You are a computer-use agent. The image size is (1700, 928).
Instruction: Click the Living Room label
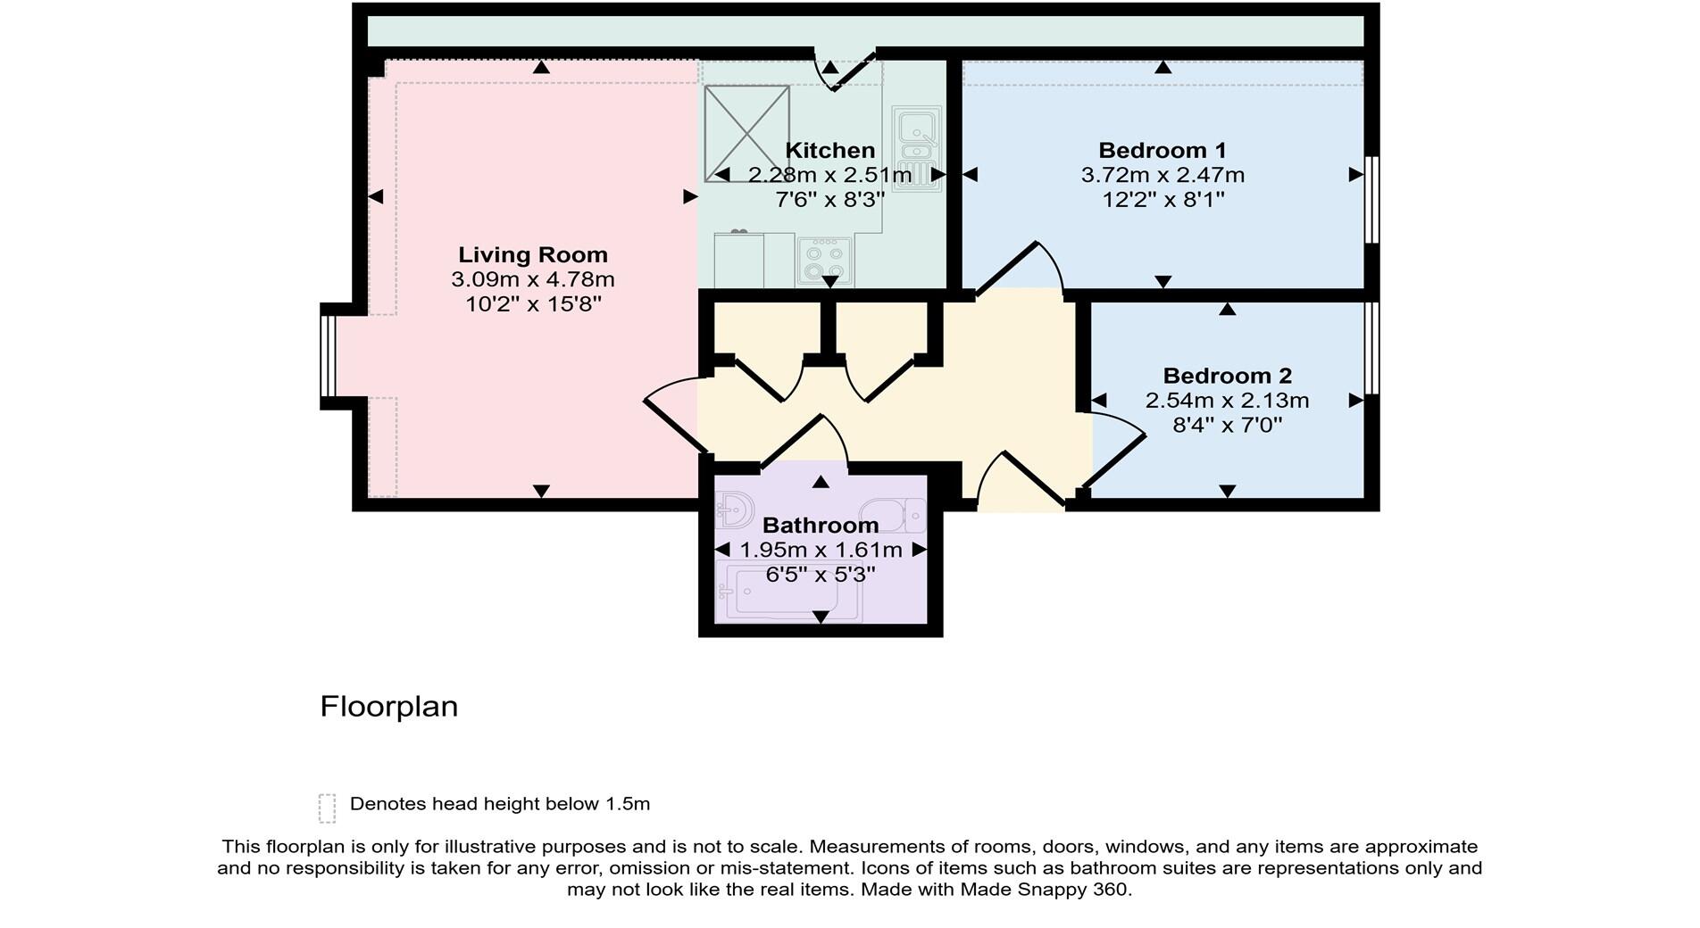(x=533, y=255)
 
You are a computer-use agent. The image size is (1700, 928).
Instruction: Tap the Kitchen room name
(x=829, y=150)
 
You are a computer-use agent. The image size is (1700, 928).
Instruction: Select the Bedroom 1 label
(x=1162, y=150)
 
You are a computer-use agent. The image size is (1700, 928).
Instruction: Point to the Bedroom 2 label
(x=1227, y=376)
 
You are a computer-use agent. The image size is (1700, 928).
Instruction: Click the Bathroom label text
(x=820, y=525)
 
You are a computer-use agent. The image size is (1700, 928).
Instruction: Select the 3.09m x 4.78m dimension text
(x=533, y=279)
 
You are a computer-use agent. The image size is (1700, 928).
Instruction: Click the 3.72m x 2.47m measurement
(x=1162, y=175)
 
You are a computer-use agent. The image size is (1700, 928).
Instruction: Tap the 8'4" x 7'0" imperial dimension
(x=1227, y=425)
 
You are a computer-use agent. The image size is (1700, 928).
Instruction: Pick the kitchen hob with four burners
(x=824, y=260)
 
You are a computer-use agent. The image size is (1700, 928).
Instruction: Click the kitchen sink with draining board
(x=916, y=148)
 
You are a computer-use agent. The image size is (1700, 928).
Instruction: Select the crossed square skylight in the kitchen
(x=746, y=134)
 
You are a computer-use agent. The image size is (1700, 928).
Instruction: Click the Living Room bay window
(x=328, y=356)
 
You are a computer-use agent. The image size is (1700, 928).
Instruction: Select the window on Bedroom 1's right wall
(x=1372, y=199)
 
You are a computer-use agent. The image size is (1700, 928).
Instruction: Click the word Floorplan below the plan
(x=388, y=707)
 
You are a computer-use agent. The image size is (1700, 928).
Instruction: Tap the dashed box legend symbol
(x=327, y=808)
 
